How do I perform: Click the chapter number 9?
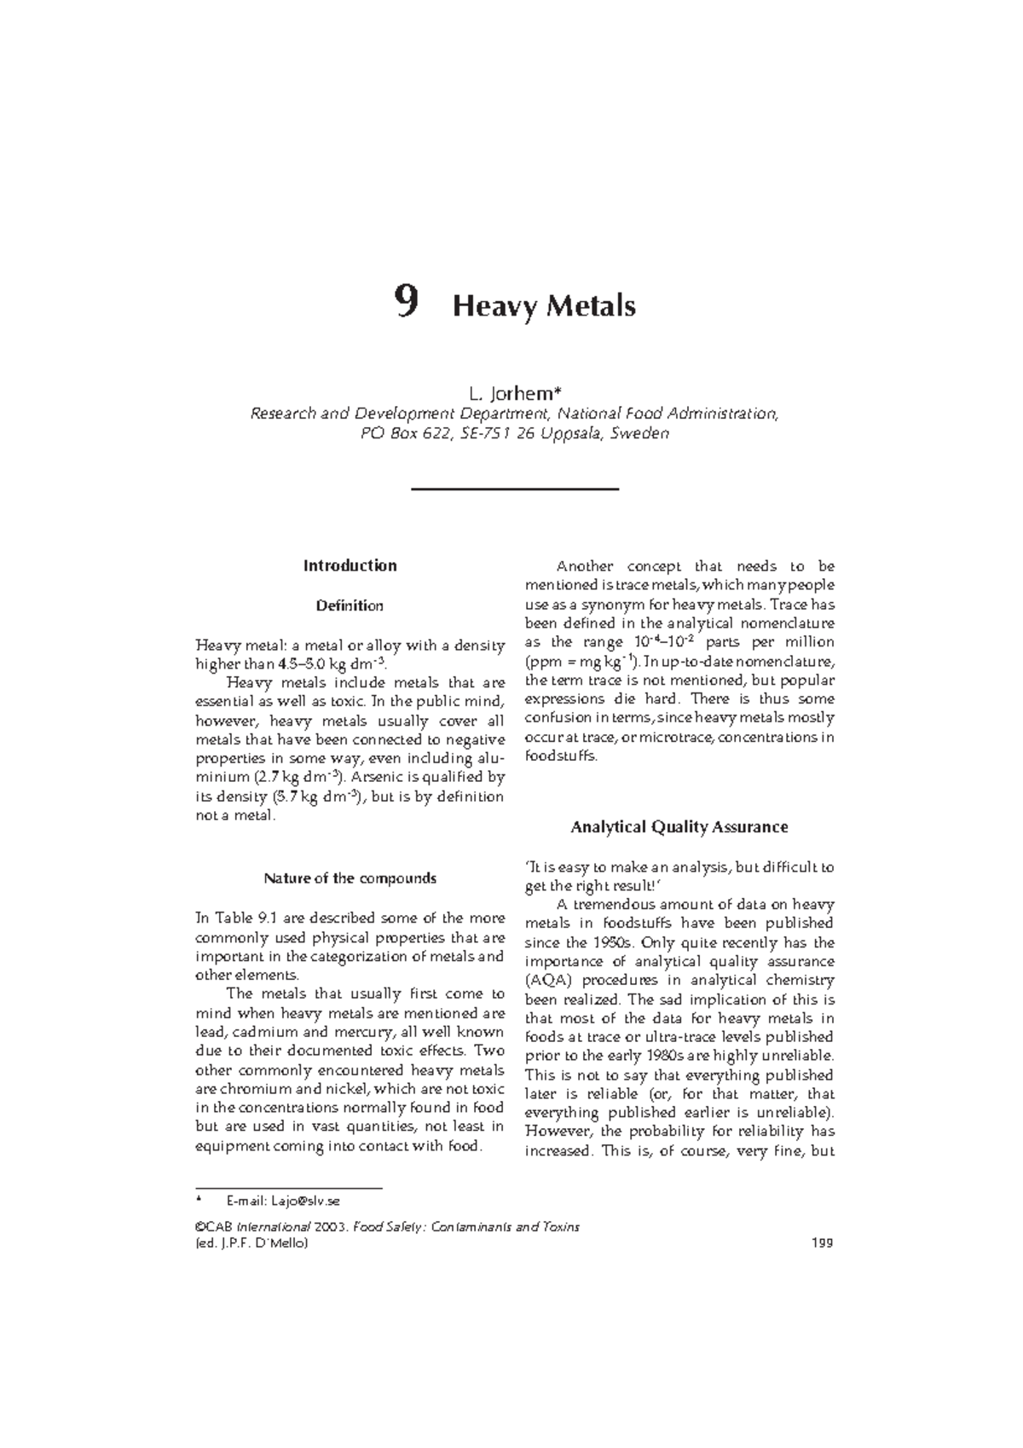[x=406, y=303]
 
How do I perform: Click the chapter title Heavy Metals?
[x=544, y=305]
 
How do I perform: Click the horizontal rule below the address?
[x=514, y=489]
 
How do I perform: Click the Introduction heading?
[x=350, y=565]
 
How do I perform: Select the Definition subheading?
[x=350, y=605]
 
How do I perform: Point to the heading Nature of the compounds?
[x=350, y=878]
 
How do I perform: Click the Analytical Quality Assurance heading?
[x=679, y=826]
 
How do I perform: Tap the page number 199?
[x=823, y=1242]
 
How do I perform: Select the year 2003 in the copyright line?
[x=331, y=1227]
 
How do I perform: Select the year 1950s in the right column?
[x=610, y=942]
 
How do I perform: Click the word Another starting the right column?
[x=585, y=566]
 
